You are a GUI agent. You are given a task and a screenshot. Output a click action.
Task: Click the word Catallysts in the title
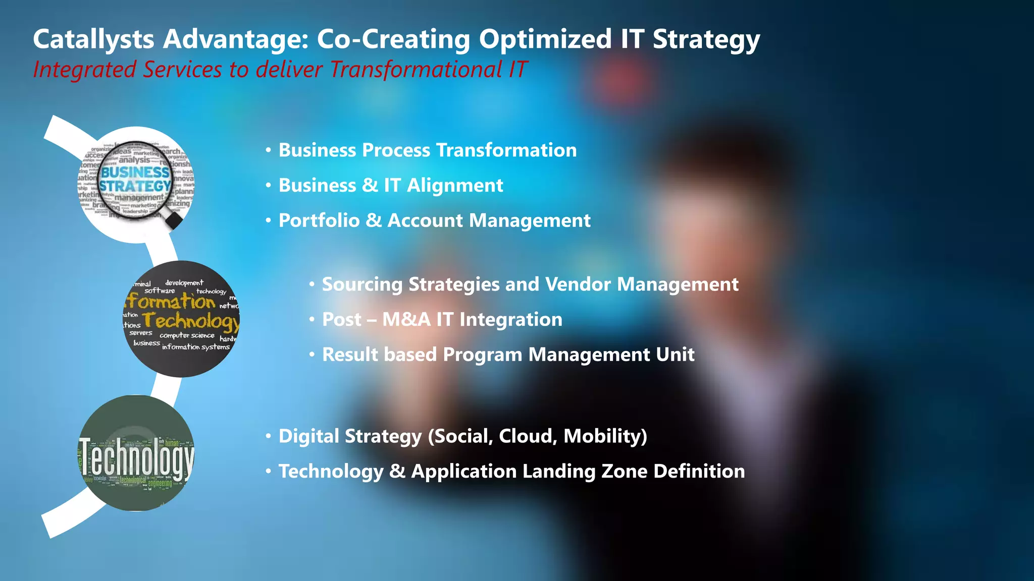[93, 39]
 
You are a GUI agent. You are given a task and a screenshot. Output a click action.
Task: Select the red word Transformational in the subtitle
[416, 70]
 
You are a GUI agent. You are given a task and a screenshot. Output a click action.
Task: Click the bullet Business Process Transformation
[427, 150]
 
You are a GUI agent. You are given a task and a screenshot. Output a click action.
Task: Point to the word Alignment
[455, 186]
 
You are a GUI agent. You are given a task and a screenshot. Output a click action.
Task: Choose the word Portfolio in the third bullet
[319, 220]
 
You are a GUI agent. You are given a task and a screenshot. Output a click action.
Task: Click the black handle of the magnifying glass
[174, 220]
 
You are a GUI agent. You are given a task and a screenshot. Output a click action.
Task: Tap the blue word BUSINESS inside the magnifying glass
[135, 172]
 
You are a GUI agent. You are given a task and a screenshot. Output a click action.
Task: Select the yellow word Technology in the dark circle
[191, 321]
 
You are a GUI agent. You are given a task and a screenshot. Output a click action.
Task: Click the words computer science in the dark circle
[187, 335]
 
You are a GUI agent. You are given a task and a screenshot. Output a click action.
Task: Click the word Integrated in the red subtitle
[84, 70]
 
